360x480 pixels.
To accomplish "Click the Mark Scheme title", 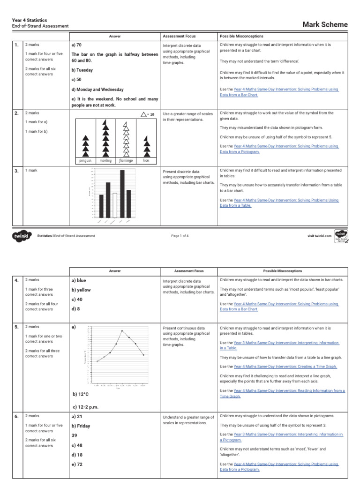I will click(325, 24).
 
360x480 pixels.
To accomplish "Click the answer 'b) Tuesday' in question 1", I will click(82, 70).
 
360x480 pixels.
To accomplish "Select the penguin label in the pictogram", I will click(85, 160).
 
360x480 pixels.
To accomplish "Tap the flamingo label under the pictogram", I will click(126, 160).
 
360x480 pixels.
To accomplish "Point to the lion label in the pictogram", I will click(146, 160).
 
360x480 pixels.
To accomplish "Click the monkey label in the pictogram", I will click(105, 160).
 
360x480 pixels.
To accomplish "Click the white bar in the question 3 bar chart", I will click(115, 202).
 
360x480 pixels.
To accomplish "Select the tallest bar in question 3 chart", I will click(122, 193).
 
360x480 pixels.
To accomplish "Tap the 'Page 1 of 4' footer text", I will click(180, 236).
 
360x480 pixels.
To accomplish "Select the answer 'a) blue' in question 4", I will click(79, 280).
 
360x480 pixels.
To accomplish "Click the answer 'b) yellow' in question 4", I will click(81, 290).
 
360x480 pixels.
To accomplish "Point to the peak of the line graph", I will click(122, 331).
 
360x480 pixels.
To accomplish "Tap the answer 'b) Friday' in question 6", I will click(81, 426).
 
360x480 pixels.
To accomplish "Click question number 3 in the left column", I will click(16, 171).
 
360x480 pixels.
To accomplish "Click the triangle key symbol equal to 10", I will click(143, 114).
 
